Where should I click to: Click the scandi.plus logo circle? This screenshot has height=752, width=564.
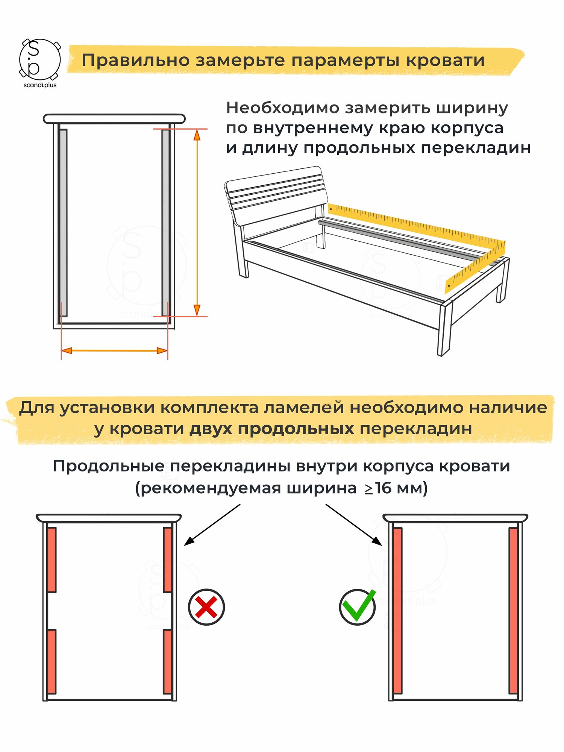click(39, 59)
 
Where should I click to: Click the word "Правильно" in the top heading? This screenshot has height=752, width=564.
click(135, 61)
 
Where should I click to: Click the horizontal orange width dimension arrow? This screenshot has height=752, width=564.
click(114, 351)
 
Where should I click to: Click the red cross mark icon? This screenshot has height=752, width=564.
click(206, 607)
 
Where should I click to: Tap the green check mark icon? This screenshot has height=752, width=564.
click(358, 606)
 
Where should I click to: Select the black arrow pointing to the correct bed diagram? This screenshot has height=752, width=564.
click(354, 525)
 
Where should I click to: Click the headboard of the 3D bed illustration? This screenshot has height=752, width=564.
click(276, 196)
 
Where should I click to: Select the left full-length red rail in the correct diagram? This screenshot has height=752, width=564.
click(397, 611)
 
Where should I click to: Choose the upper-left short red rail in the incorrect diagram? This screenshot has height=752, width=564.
click(52, 560)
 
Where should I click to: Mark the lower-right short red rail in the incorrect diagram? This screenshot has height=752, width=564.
click(167, 661)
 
